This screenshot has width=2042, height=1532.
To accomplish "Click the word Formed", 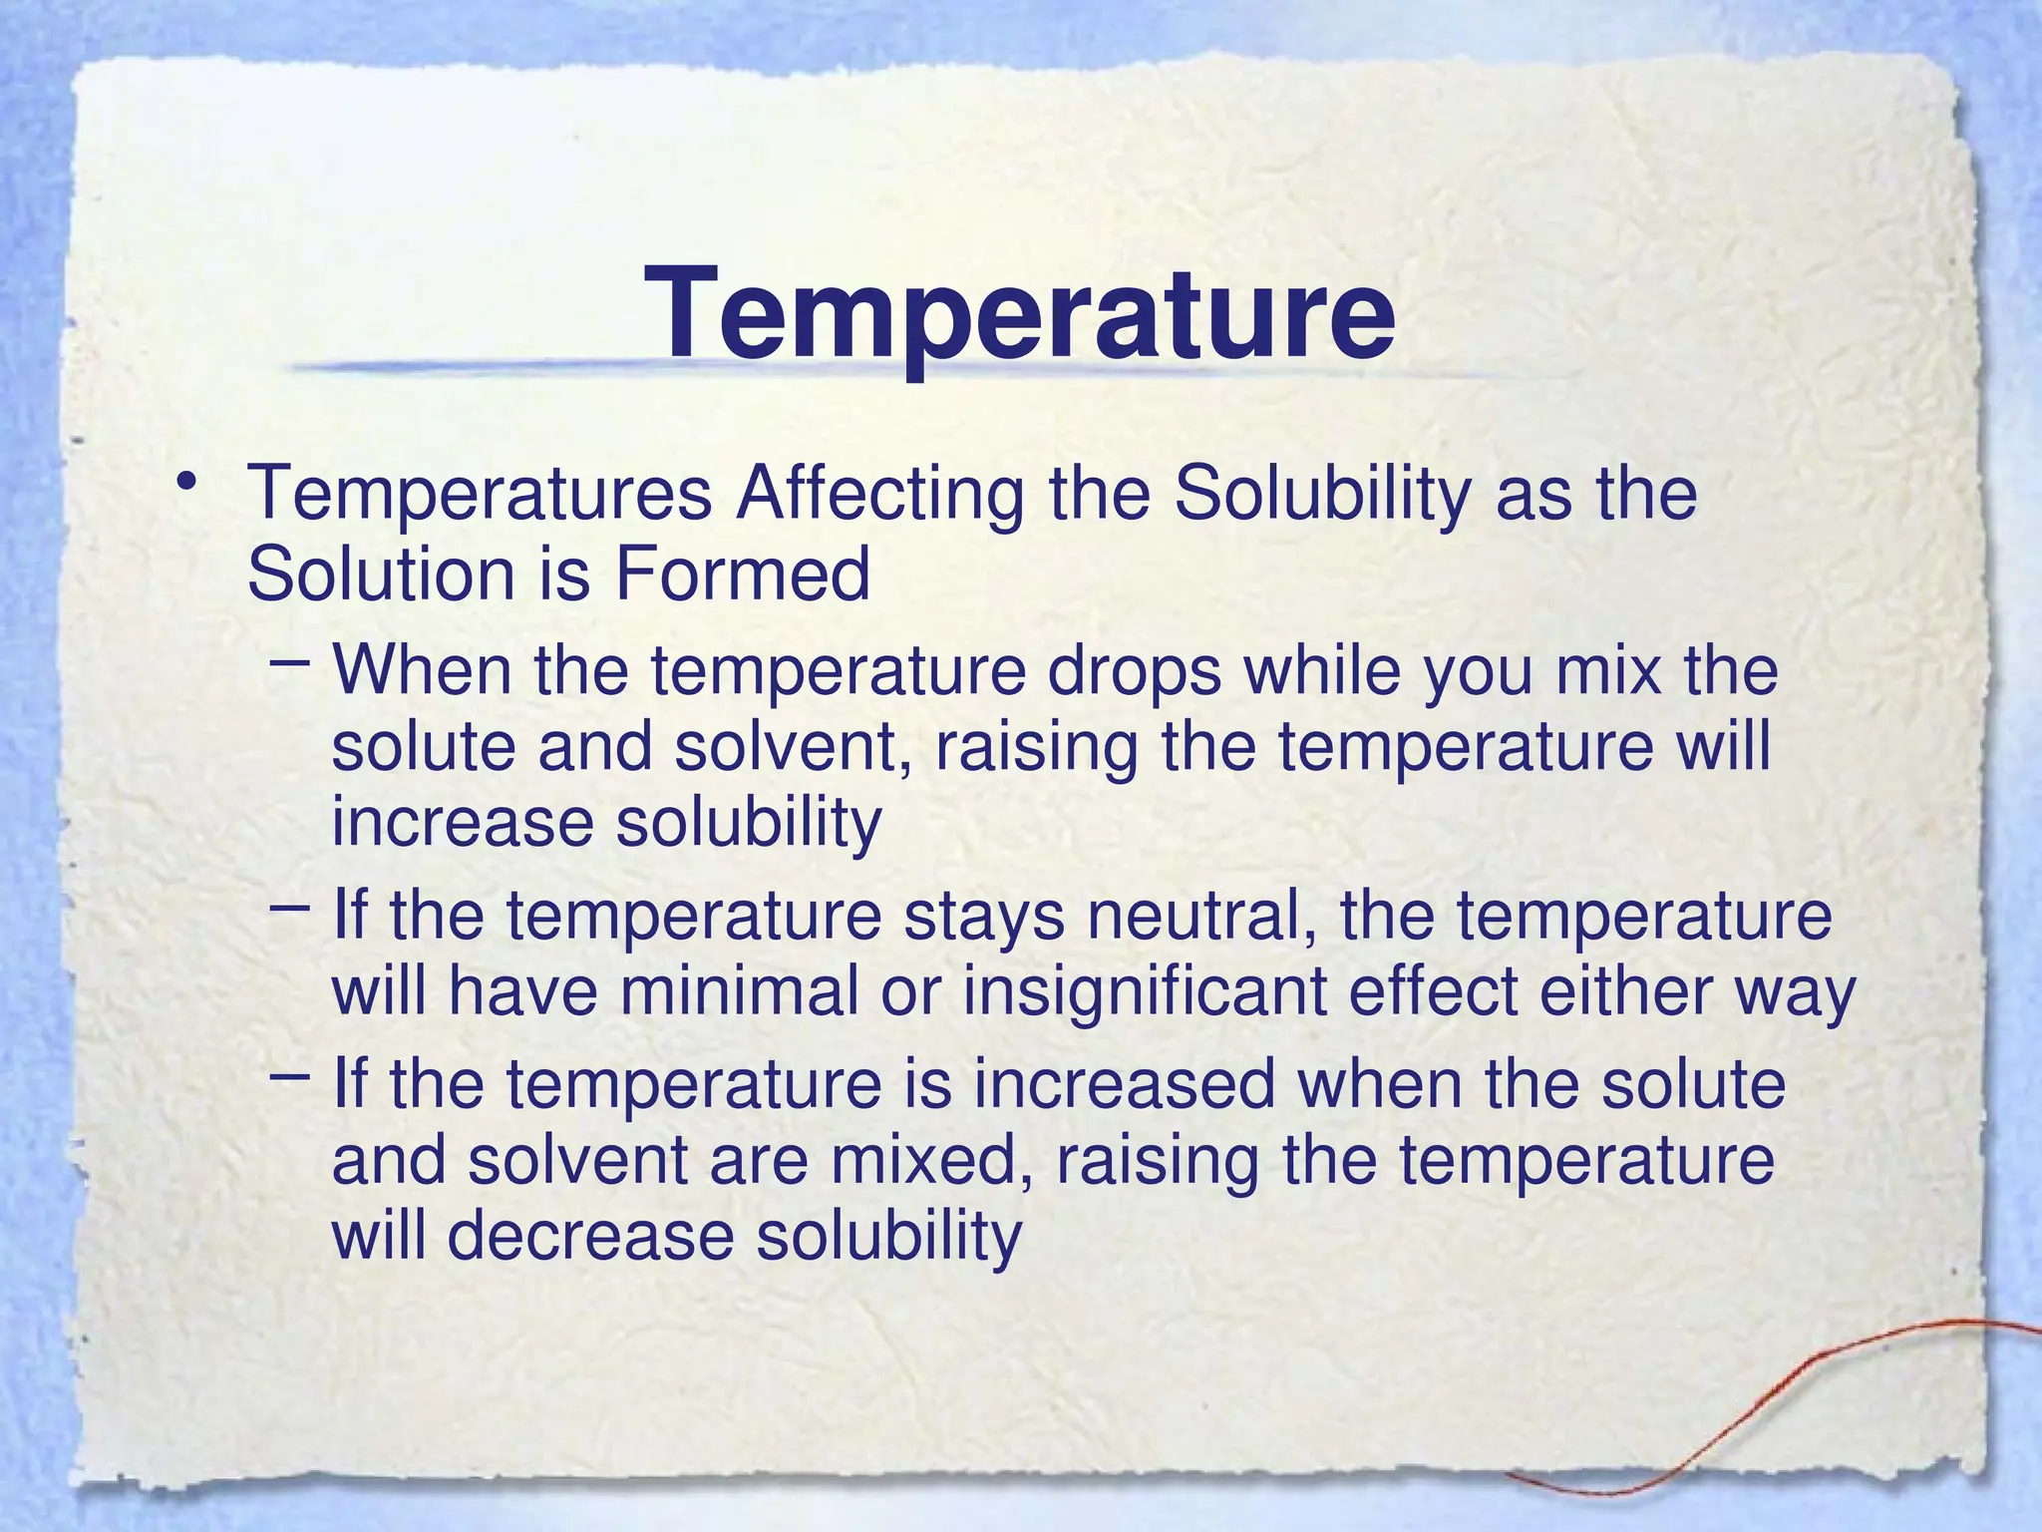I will pyautogui.click(x=742, y=575).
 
